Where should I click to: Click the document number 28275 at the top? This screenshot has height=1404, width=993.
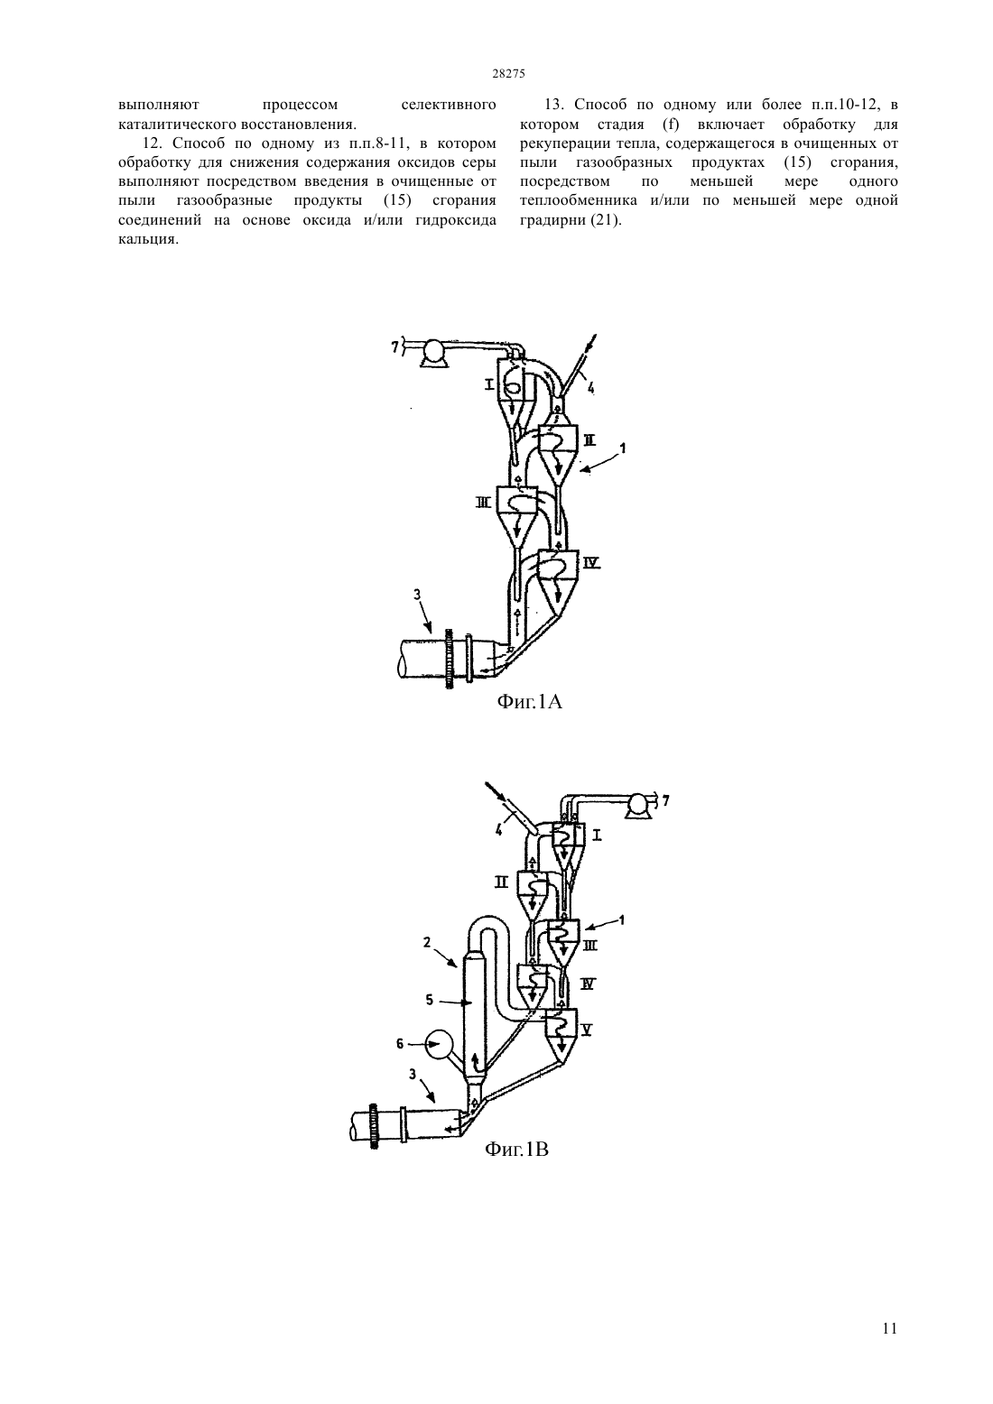pos(508,73)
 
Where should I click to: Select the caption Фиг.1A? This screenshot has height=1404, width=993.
pos(529,701)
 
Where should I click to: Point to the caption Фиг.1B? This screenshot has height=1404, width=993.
pos(516,1149)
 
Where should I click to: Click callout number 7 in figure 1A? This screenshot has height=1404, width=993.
pos(395,346)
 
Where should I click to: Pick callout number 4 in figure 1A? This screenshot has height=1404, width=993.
pos(590,388)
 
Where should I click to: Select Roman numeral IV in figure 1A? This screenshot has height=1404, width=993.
pos(592,563)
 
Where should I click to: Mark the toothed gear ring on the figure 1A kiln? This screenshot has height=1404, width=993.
pos(449,660)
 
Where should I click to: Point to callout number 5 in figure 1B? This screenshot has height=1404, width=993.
pos(430,1000)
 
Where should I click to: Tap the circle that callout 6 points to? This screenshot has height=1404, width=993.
pos(440,1044)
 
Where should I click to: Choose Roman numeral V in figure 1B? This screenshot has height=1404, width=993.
pos(588,1029)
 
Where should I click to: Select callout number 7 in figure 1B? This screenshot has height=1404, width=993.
pos(665,799)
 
